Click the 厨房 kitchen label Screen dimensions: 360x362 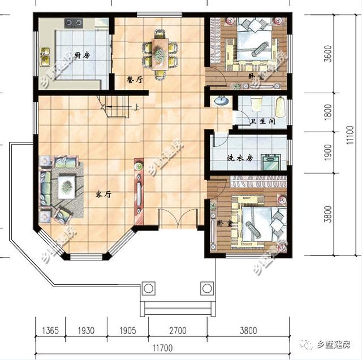pyautogui.click(x=83, y=55)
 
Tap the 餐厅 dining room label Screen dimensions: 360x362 pyautogui.click(x=135, y=80)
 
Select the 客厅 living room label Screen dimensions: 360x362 pyautogui.click(x=102, y=194)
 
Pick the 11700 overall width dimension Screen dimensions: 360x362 pyautogui.click(x=169, y=346)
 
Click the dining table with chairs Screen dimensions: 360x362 pyautogui.click(x=161, y=51)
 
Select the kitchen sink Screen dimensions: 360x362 pyautogui.click(x=45, y=55)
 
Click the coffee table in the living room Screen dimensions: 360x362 pyautogui.click(x=67, y=183)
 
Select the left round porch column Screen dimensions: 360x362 pyautogui.click(x=148, y=289)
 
